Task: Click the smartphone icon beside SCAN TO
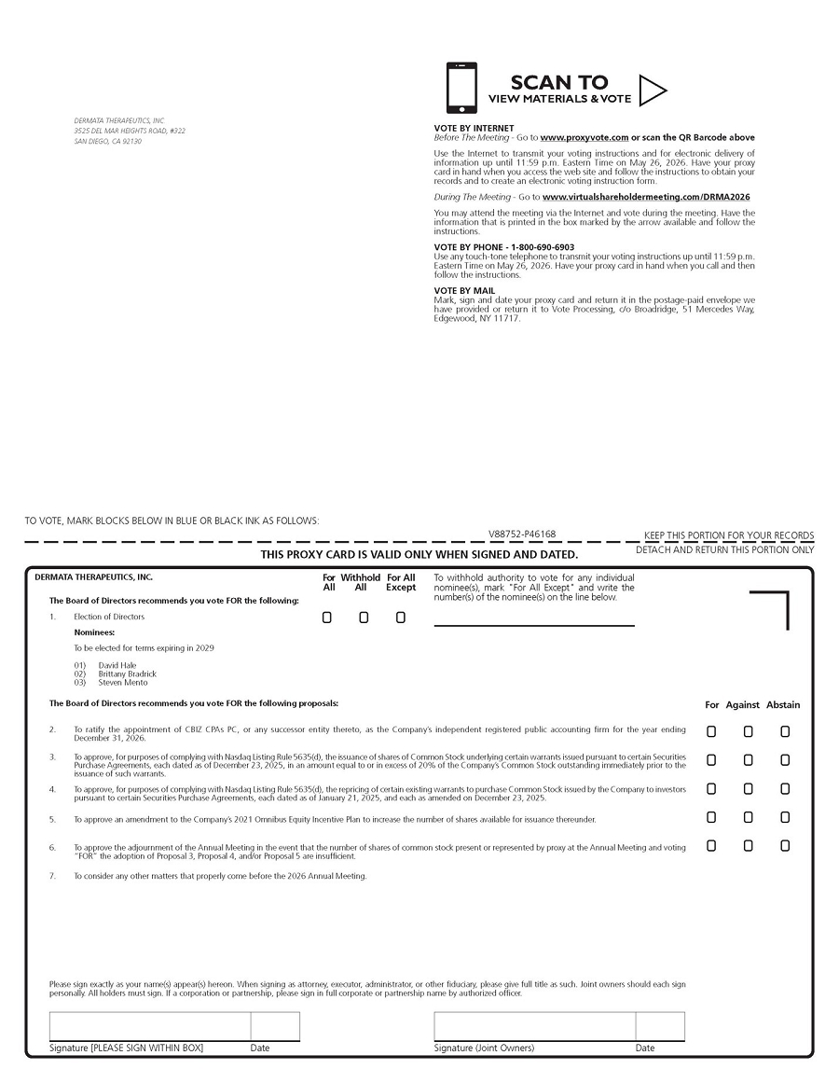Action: click(461, 88)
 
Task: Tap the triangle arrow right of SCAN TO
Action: click(653, 90)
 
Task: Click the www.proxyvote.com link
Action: click(585, 138)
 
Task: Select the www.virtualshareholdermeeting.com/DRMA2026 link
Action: click(646, 198)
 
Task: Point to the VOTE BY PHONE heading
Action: click(504, 247)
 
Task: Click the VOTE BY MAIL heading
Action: click(464, 291)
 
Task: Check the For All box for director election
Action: click(327, 618)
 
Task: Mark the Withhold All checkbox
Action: click(364, 618)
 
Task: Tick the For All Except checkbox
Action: click(401, 618)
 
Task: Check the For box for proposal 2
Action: click(711, 732)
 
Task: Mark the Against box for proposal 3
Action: click(748, 760)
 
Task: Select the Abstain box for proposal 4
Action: click(785, 789)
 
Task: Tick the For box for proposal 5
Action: click(711, 818)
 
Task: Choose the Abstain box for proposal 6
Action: click(785, 846)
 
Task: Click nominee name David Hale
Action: click(117, 665)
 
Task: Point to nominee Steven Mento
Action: click(123, 683)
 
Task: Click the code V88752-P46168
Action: click(522, 535)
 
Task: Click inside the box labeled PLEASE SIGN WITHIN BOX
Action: click(149, 1026)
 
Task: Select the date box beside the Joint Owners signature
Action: click(660, 1026)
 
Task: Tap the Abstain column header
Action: click(783, 705)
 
